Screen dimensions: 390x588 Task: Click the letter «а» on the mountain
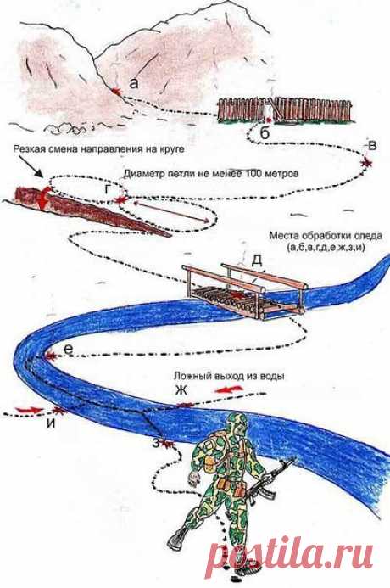pos(134,84)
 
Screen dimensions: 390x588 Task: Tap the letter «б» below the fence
pos(265,133)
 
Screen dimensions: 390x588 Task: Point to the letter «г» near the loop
pos(109,190)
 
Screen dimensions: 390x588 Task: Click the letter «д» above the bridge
pos(256,260)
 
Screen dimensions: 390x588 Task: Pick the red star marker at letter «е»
pos(50,356)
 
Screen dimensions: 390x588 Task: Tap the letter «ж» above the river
pos(181,390)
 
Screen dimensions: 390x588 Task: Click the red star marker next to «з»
pos(168,445)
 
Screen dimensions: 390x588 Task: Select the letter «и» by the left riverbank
pos(52,423)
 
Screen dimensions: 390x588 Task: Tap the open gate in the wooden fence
pos(272,109)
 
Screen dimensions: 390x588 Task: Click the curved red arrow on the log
pos(43,198)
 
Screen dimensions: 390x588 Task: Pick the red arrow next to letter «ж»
pos(229,389)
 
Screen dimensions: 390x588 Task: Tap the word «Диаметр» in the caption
pos(140,174)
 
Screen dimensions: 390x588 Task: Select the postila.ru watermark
pos(290,553)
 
